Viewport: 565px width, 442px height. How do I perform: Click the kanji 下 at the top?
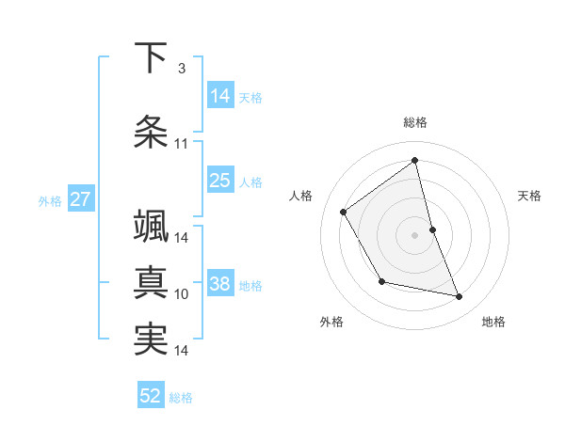click(x=151, y=58)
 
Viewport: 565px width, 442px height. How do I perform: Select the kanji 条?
click(x=151, y=133)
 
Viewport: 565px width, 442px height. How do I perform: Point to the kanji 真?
click(x=151, y=283)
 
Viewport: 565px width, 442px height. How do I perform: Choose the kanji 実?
click(x=151, y=339)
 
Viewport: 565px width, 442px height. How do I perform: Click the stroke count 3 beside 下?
click(x=182, y=69)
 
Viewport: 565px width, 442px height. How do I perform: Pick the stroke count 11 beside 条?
click(x=182, y=144)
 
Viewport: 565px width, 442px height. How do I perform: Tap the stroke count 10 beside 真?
click(x=182, y=294)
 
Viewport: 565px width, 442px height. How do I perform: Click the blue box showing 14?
click(x=220, y=96)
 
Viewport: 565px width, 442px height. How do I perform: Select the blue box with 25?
click(x=220, y=181)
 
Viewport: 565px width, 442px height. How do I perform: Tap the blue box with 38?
click(x=220, y=284)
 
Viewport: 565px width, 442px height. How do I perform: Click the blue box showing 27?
click(x=81, y=199)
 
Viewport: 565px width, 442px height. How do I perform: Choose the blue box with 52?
click(x=151, y=396)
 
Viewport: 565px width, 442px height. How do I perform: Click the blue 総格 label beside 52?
click(x=182, y=398)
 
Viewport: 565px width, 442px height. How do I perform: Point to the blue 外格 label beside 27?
click(x=50, y=200)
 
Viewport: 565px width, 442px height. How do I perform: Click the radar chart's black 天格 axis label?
click(x=530, y=196)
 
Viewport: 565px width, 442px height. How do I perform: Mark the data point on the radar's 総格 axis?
click(x=415, y=161)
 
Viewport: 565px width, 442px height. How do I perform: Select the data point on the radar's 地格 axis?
click(x=460, y=297)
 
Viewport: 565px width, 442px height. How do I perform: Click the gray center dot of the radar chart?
click(x=415, y=235)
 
